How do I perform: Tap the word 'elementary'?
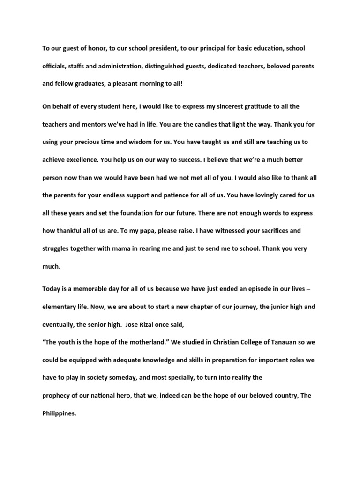coord(59,307)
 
